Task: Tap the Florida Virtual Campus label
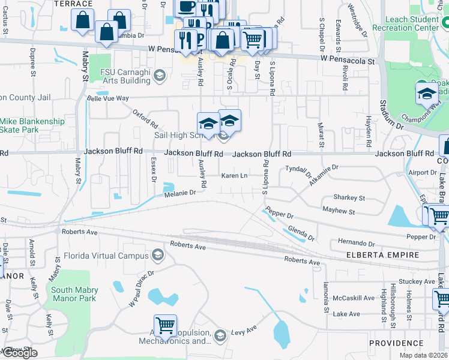(x=106, y=256)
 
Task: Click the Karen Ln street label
(x=235, y=176)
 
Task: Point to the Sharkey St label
(x=349, y=197)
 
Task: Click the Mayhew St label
(x=339, y=212)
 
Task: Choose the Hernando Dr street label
(x=356, y=244)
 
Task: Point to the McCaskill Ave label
(x=355, y=298)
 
